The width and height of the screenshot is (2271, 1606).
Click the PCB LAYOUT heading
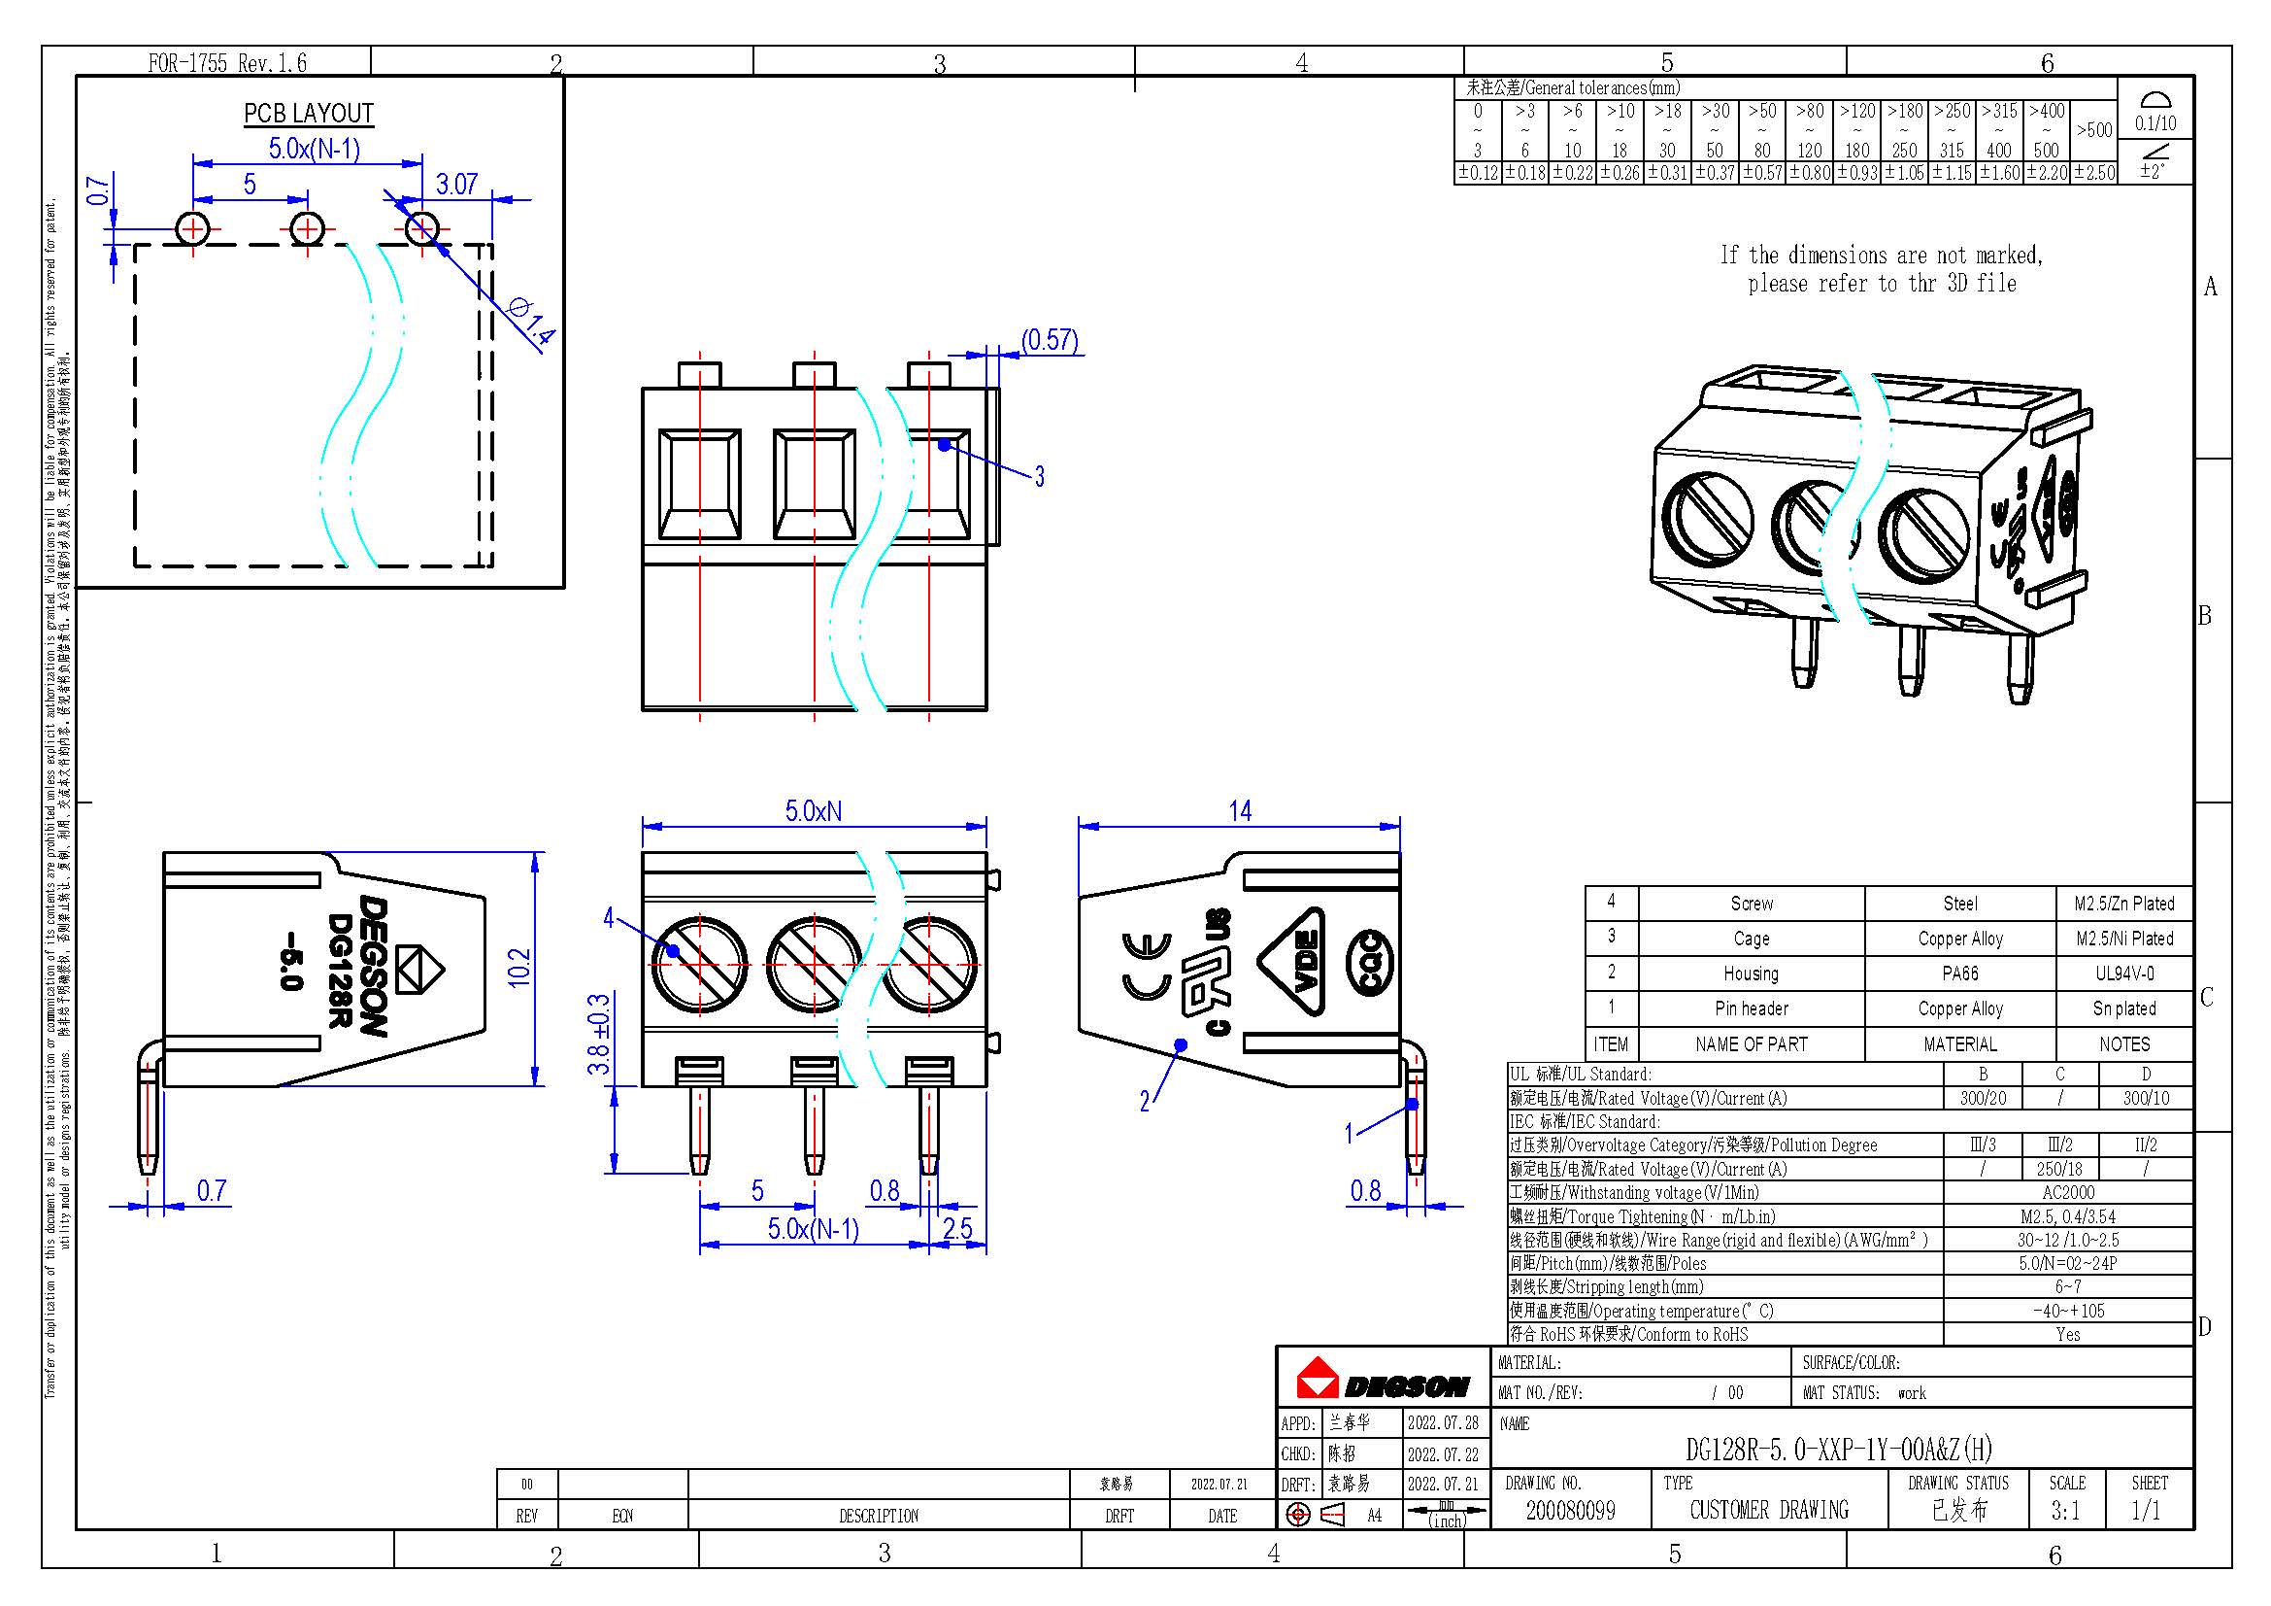(309, 114)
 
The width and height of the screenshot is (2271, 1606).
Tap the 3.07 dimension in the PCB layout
(456, 184)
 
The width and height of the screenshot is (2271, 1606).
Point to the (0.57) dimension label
(1050, 340)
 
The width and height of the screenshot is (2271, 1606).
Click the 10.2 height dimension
(519, 967)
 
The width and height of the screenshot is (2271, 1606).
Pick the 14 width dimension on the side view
(1239, 811)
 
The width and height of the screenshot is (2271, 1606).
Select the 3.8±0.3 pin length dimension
(598, 1035)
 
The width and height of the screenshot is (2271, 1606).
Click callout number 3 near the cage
(1040, 477)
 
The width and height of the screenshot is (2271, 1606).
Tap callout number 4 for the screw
(609, 918)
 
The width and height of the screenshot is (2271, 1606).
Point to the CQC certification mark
(1370, 963)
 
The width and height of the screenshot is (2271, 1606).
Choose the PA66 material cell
(1959, 974)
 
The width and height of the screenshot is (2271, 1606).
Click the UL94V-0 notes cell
(2123, 974)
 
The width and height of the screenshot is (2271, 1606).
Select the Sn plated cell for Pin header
(2123, 1008)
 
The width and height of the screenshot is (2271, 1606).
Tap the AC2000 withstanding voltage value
(2067, 1192)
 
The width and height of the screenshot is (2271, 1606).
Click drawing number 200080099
(1570, 1510)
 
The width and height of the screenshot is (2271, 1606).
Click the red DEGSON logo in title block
(1382, 1380)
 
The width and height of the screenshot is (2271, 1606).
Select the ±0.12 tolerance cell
(1478, 173)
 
